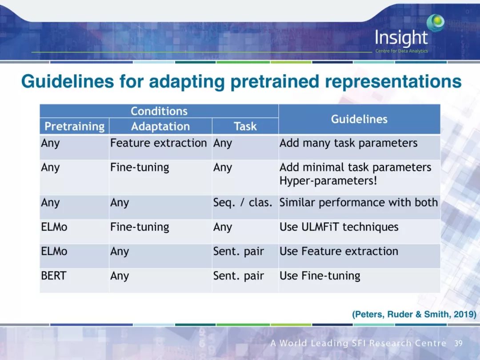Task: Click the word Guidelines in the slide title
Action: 68,81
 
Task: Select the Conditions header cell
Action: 159,111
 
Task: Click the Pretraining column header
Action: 74,126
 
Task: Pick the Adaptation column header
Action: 160,126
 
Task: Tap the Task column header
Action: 245,126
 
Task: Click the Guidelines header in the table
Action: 360,119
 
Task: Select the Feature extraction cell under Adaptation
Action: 158,143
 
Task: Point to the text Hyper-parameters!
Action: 328,180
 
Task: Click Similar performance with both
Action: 359,202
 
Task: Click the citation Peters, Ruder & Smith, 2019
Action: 414,314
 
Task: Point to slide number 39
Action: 458,343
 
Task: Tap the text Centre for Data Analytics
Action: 402,51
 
